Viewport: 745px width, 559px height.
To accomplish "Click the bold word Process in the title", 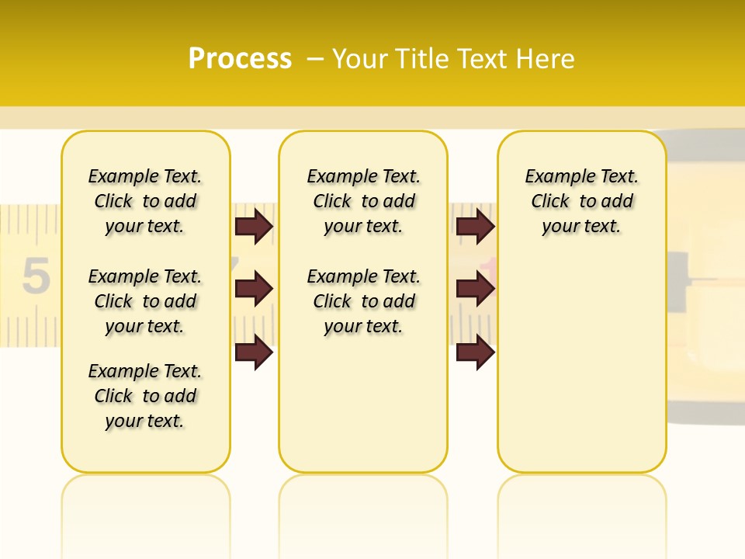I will coord(240,59).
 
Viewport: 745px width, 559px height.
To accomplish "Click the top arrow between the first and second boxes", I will coord(254,226).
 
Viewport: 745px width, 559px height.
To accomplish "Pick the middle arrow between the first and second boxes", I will coord(254,289).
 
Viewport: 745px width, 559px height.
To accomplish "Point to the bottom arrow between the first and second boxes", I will coord(254,352).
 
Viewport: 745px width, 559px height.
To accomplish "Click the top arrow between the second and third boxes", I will coord(475,226).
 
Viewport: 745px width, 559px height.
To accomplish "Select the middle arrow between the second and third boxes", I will coord(475,289).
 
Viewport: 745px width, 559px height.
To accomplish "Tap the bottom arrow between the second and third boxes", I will coord(475,352).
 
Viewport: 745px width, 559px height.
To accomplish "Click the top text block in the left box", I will coord(145,201).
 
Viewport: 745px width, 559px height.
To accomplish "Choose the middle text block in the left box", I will coord(145,301).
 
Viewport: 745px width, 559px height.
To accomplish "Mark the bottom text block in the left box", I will coord(145,396).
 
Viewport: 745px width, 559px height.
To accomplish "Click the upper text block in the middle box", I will coord(363,201).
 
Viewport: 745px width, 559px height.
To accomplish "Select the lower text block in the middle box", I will coord(363,301).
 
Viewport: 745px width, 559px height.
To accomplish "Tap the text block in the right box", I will coord(581,201).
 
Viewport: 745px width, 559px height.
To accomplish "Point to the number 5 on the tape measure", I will coord(36,277).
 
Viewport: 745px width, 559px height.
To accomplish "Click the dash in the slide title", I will coord(315,59).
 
